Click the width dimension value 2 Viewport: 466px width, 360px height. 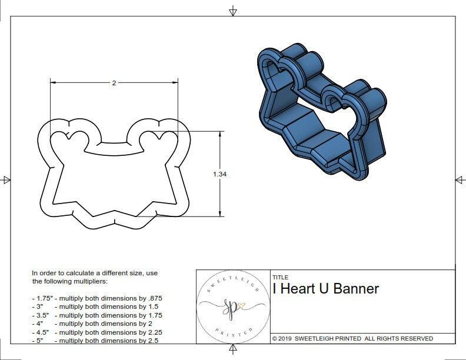(114, 83)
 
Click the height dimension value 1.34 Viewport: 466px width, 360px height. (219, 174)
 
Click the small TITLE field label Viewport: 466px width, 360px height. (280, 277)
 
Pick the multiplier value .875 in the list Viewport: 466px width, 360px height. (154, 298)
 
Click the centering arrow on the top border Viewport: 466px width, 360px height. (234, 11)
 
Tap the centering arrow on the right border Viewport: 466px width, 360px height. (459, 179)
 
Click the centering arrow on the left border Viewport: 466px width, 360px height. (6, 179)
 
